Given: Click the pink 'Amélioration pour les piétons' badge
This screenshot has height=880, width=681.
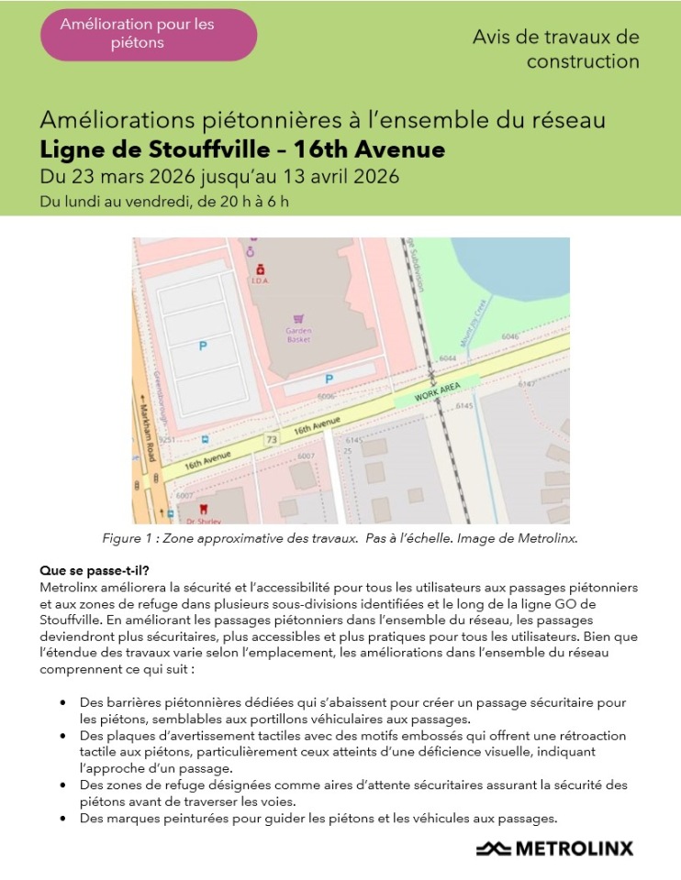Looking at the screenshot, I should tap(150, 34).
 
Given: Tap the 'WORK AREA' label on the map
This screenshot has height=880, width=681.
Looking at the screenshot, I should tap(438, 392).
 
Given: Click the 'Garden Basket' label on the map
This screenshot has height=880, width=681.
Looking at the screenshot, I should tap(298, 335).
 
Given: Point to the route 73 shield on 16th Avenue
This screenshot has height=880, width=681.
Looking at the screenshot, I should tap(271, 441).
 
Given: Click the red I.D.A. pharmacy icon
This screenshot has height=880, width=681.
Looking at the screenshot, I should tap(260, 269).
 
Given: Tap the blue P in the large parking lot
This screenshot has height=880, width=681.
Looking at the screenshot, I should tap(203, 346).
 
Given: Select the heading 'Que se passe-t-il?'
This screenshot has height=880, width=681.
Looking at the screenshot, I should tap(95, 570).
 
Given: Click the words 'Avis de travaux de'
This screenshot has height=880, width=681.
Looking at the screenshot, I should tap(555, 38).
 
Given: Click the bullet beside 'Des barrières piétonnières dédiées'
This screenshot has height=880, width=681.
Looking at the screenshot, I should tap(61, 703).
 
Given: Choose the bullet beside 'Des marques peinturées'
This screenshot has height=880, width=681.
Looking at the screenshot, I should tap(61, 819).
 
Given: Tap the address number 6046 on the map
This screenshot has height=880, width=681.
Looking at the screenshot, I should tap(510, 336).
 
